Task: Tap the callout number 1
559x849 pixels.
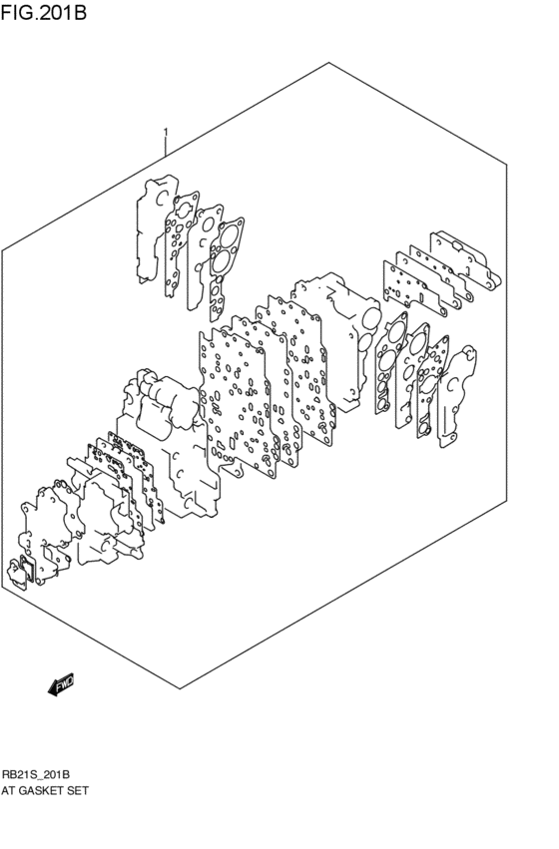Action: (165, 132)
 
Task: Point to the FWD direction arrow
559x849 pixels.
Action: (60, 684)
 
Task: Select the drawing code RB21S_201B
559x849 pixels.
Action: (35, 775)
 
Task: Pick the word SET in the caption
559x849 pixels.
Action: (80, 790)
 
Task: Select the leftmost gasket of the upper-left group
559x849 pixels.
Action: (151, 224)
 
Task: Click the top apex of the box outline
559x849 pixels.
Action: (328, 63)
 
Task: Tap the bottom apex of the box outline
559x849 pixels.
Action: (179, 688)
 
